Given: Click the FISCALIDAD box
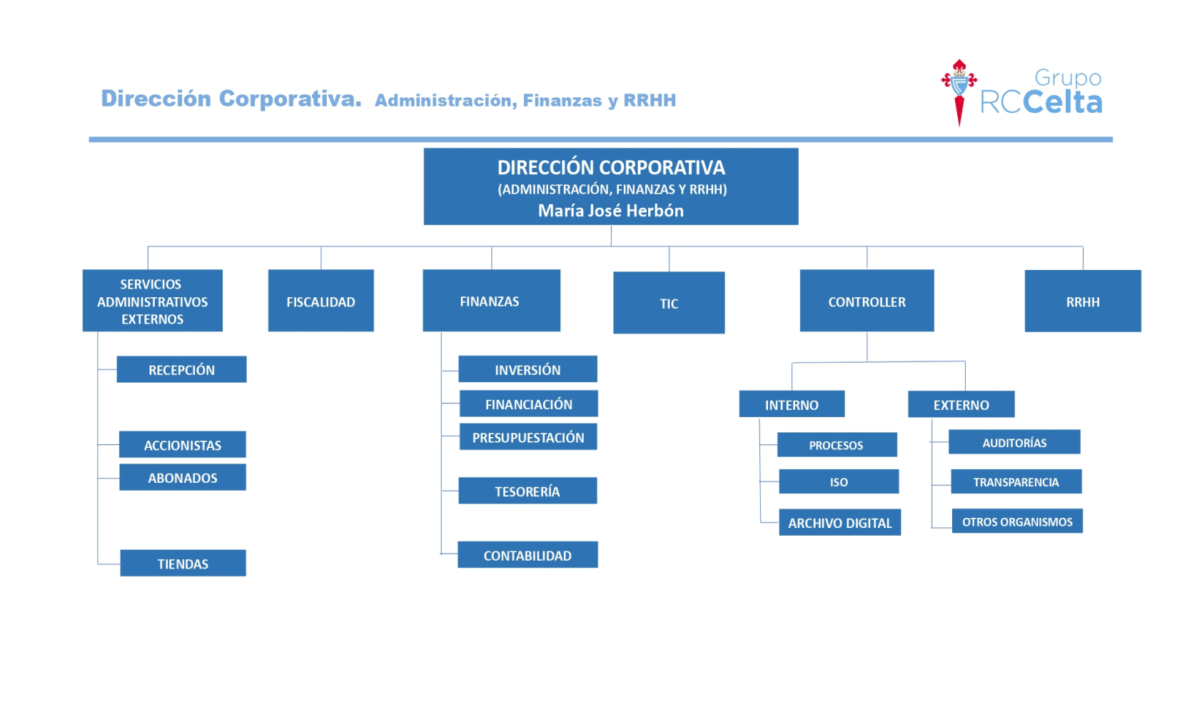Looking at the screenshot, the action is (321, 301).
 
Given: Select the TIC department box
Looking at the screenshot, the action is (669, 303).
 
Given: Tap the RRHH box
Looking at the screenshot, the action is (1083, 301).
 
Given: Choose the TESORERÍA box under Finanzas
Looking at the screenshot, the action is (527, 491).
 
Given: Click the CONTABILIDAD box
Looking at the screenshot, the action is (527, 555).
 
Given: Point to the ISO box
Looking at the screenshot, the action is (839, 481).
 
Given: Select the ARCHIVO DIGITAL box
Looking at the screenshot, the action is (840, 522).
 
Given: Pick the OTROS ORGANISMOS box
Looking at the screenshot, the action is (1017, 521).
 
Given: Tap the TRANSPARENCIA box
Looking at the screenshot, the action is (1016, 481).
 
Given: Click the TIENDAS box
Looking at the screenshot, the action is (183, 563).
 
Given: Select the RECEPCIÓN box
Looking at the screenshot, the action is (181, 369).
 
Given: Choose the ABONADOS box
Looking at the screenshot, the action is (183, 477).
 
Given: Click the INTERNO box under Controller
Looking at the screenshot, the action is (792, 404).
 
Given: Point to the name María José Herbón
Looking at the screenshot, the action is (611, 211).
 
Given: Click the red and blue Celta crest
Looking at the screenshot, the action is (959, 92).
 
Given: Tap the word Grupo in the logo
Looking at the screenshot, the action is (1068, 79).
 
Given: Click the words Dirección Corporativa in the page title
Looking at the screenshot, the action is (231, 99).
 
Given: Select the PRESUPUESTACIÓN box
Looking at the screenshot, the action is (529, 436).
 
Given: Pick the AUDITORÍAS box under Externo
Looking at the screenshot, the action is (1014, 442).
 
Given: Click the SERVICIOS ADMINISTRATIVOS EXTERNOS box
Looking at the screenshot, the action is (153, 301).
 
